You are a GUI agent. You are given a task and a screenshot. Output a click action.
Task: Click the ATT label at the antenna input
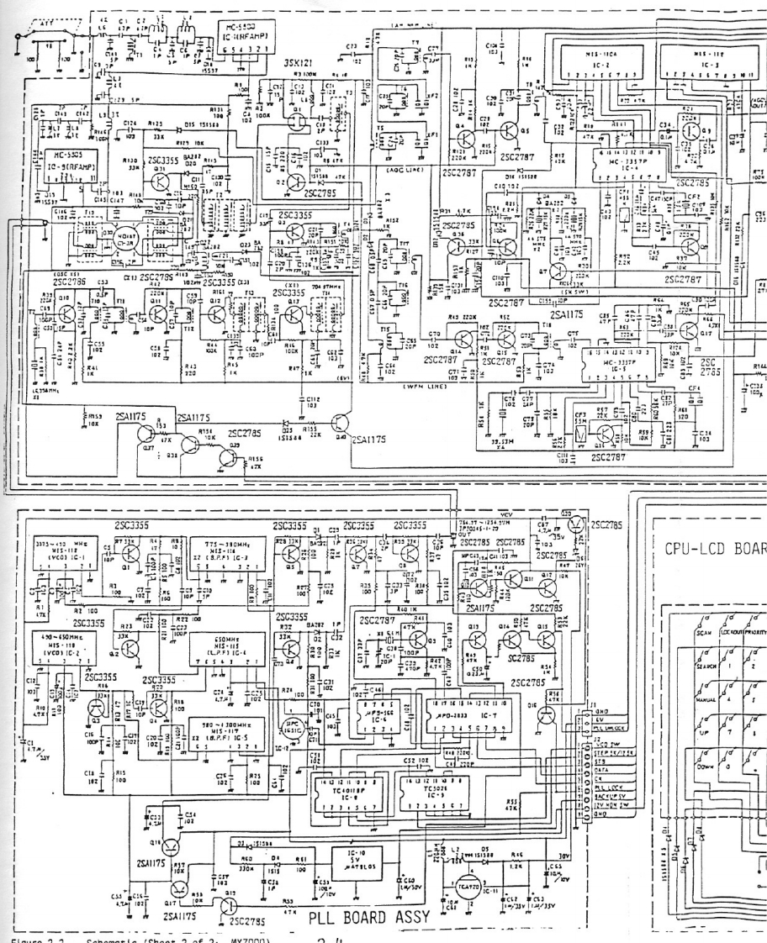44,28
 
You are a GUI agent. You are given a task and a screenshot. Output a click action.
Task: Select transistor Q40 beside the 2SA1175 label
340,423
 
